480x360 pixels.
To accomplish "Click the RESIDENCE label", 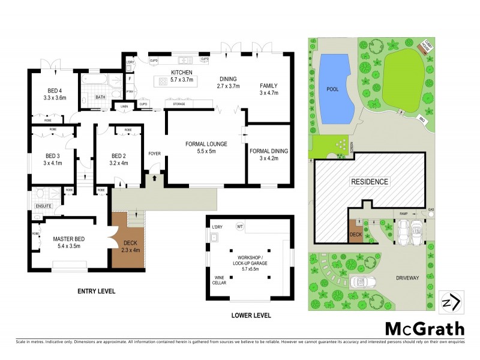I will click(x=370, y=181).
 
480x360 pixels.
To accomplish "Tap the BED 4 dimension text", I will click(x=54, y=97).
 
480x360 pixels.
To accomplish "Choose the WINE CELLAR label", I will click(x=222, y=281).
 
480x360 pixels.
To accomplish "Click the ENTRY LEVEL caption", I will click(x=96, y=291).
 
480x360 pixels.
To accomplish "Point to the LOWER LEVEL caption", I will click(x=251, y=315).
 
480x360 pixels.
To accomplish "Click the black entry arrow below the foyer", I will click(x=155, y=178).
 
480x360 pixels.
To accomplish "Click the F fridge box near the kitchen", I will click(x=130, y=77).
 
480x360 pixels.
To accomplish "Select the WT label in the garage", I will click(x=239, y=227).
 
